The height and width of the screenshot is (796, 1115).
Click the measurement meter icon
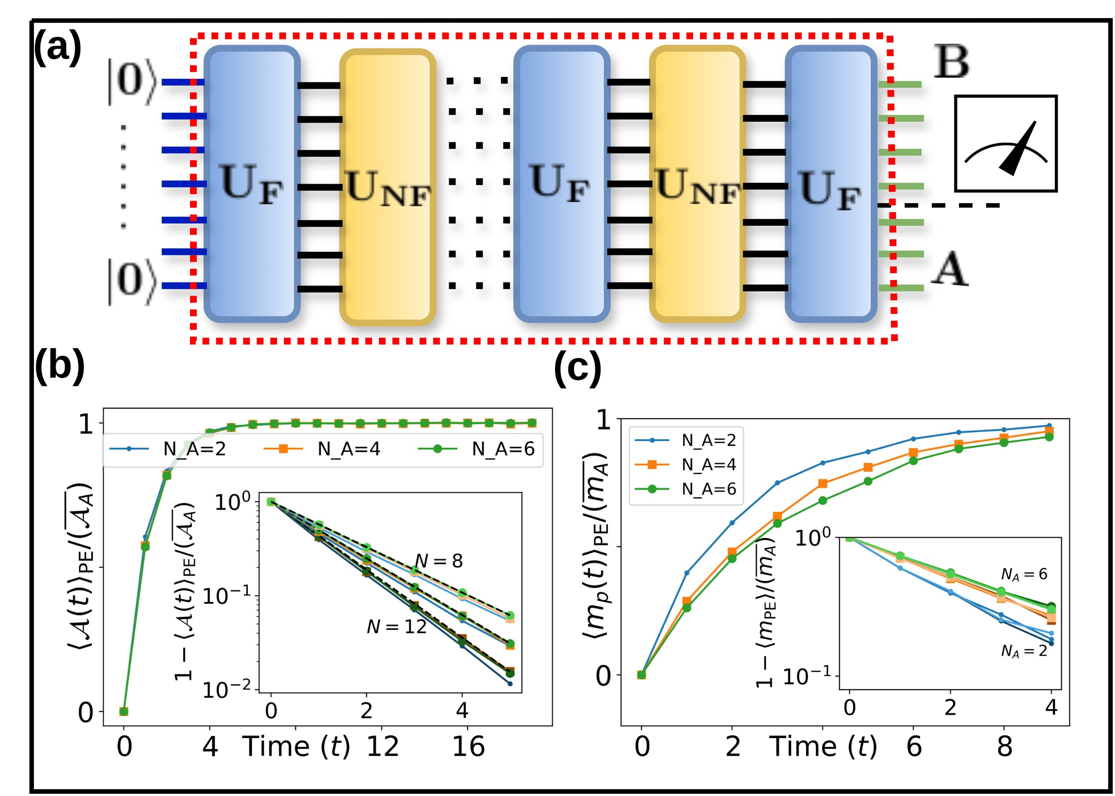tap(1005, 144)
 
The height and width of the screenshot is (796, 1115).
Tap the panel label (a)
tap(57, 47)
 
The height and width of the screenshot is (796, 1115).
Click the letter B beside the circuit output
tap(951, 62)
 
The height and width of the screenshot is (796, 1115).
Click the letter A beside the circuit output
tap(949, 269)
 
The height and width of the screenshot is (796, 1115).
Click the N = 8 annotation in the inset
tap(439, 561)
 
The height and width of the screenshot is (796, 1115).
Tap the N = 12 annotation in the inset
tap(397, 627)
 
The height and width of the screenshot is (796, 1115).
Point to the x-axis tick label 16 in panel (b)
tap(468, 747)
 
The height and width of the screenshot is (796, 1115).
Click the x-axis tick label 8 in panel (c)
tap(1004, 747)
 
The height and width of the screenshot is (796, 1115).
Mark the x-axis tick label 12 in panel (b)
tap(382, 747)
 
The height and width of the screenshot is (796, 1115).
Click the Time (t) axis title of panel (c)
tap(823, 747)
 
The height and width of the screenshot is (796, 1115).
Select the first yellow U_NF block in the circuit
tap(387, 187)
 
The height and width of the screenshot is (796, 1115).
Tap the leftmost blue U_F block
tap(252, 184)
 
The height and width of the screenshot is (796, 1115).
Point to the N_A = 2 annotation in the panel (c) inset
tap(1023, 651)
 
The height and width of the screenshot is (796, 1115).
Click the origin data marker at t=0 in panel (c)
tap(641, 675)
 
